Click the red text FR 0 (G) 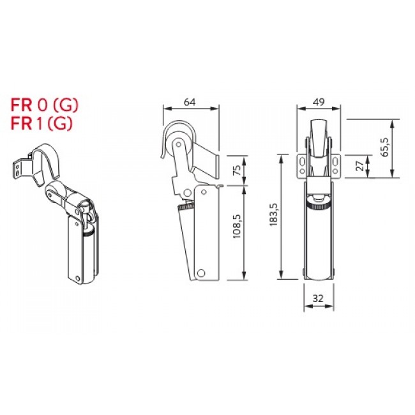[44, 105]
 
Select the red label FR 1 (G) [41, 123]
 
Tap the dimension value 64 [190, 102]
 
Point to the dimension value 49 [319, 102]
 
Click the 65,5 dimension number [386, 147]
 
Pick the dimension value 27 [360, 166]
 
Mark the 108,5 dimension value [237, 226]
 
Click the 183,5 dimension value [273, 215]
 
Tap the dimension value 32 [318, 298]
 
